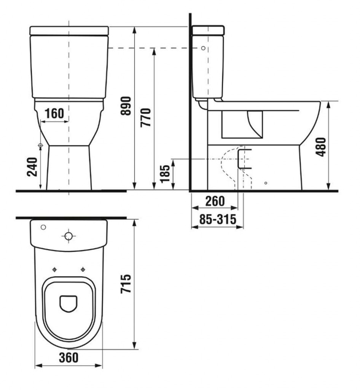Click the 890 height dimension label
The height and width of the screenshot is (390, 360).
click(x=126, y=106)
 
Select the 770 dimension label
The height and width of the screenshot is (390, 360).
click(x=146, y=118)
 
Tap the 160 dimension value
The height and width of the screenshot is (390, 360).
click(x=54, y=113)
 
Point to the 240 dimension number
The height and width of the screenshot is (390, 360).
click(x=32, y=167)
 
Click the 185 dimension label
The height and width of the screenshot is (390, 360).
click(x=165, y=174)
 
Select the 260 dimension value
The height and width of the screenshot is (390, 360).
click(x=215, y=201)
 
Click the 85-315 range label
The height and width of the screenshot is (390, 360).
click(x=218, y=219)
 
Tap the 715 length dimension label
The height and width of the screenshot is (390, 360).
click(x=126, y=283)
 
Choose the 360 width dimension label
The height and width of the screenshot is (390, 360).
click(x=68, y=358)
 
